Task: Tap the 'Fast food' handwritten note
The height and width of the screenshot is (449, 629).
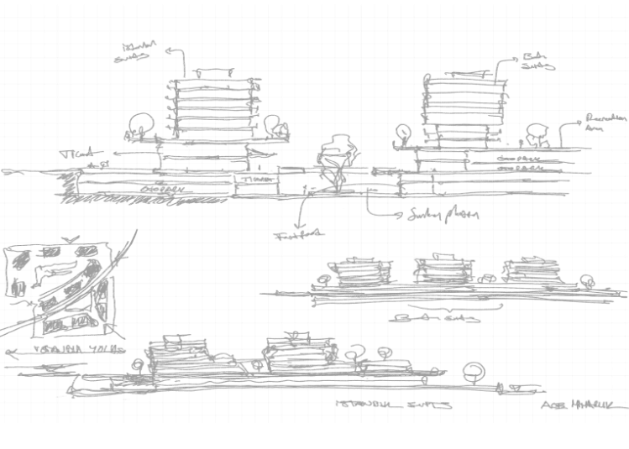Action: pyautogui.click(x=299, y=235)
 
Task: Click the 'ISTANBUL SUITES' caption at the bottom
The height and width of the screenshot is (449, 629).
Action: pyautogui.click(x=394, y=405)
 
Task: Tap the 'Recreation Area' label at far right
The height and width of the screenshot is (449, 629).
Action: pyautogui.click(x=602, y=125)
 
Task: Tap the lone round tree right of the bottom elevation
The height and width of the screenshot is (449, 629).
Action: pyautogui.click(x=475, y=371)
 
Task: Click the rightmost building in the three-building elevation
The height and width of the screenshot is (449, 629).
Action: pyautogui.click(x=532, y=270)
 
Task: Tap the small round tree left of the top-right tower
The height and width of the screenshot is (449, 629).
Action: pyautogui.click(x=403, y=133)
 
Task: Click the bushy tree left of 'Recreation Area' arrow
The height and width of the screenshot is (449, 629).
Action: pyautogui.click(x=536, y=131)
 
